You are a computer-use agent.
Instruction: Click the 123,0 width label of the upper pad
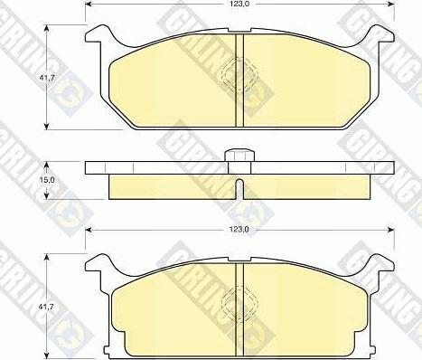pyautogui.click(x=240, y=5)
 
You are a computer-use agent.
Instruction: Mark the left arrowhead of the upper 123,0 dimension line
pyautogui.click(x=89, y=11)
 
